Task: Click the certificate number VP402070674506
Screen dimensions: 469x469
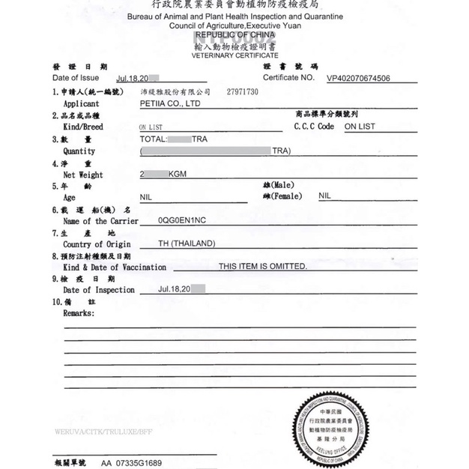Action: point(369,77)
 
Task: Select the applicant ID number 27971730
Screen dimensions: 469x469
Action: point(242,91)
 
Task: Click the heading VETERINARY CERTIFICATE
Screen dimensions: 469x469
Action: point(234,55)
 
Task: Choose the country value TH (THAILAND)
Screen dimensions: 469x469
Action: point(184,243)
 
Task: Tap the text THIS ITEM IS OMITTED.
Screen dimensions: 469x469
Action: point(262,266)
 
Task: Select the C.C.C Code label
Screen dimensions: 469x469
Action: point(314,127)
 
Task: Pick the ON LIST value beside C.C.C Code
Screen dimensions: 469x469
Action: point(360,127)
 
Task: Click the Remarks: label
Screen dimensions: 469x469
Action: point(79,312)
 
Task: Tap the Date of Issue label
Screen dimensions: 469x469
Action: point(76,78)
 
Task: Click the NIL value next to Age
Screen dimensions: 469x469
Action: point(145,196)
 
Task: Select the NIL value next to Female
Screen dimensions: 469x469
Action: point(324,196)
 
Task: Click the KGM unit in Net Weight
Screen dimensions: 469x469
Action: point(178,175)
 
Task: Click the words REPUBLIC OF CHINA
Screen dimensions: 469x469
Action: point(234,34)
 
